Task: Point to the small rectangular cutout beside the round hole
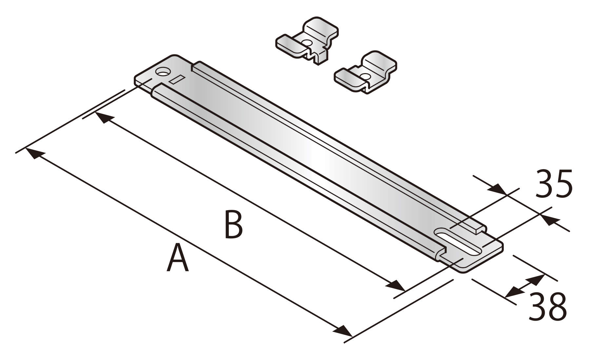pyautogui.click(x=177, y=79)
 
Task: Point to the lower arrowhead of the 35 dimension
pyautogui.click(x=549, y=220)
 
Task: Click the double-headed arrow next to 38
pyautogui.click(x=525, y=286)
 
